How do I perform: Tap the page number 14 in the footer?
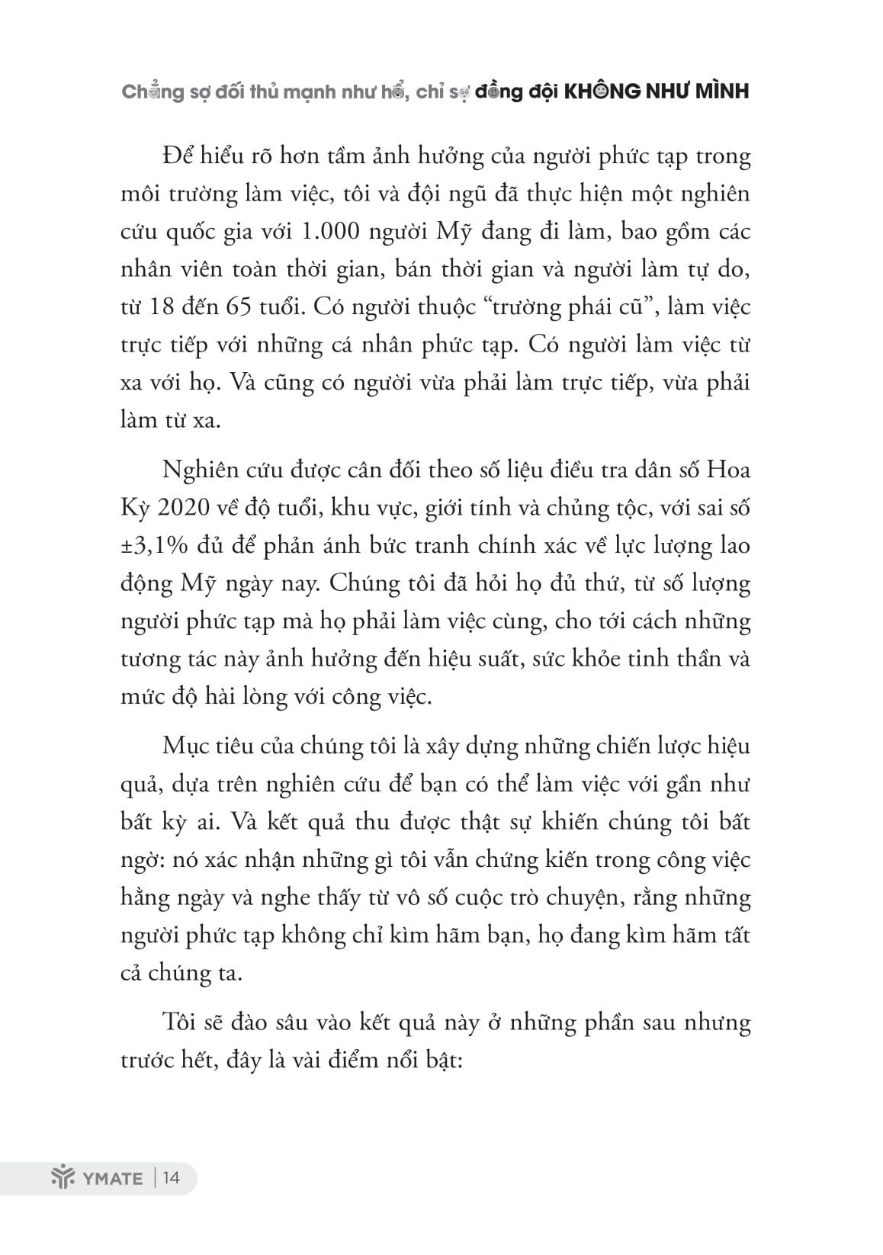tap(171, 1178)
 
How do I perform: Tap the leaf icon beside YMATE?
tap(60, 1178)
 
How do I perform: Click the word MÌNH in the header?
tap(719, 91)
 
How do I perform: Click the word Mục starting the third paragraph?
tap(184, 746)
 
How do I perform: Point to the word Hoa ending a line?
tap(729, 470)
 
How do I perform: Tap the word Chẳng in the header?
tap(152, 91)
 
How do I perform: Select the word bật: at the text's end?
tap(441, 1061)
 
